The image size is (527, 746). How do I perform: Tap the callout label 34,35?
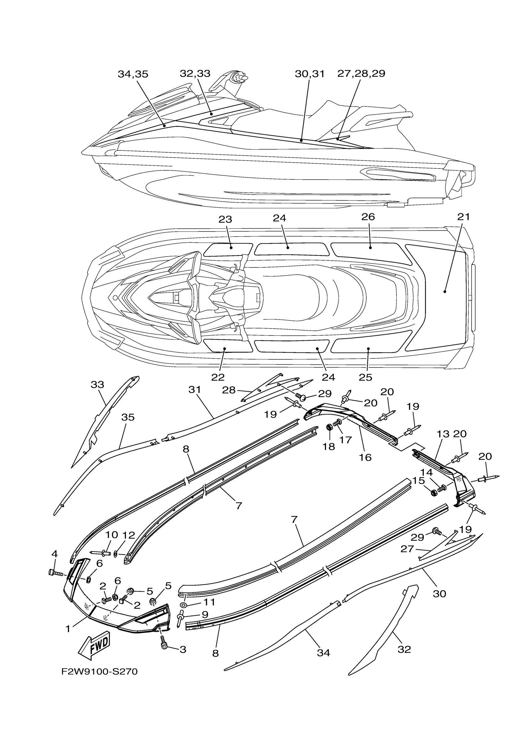(x=133, y=74)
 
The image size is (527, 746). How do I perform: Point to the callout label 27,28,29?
(x=361, y=74)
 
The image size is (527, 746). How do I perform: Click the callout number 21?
(x=463, y=217)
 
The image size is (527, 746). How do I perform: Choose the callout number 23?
(x=225, y=220)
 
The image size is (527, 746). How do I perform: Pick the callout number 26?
(x=368, y=217)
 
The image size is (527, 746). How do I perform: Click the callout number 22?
(x=218, y=377)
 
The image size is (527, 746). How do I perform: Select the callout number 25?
(x=365, y=377)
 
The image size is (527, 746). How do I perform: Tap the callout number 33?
(x=97, y=385)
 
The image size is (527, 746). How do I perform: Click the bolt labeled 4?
(x=56, y=573)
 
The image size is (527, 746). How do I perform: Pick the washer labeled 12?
(x=115, y=553)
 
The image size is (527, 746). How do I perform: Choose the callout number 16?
(x=365, y=457)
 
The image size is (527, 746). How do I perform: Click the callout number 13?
(x=443, y=434)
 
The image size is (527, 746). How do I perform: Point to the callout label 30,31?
(x=310, y=74)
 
